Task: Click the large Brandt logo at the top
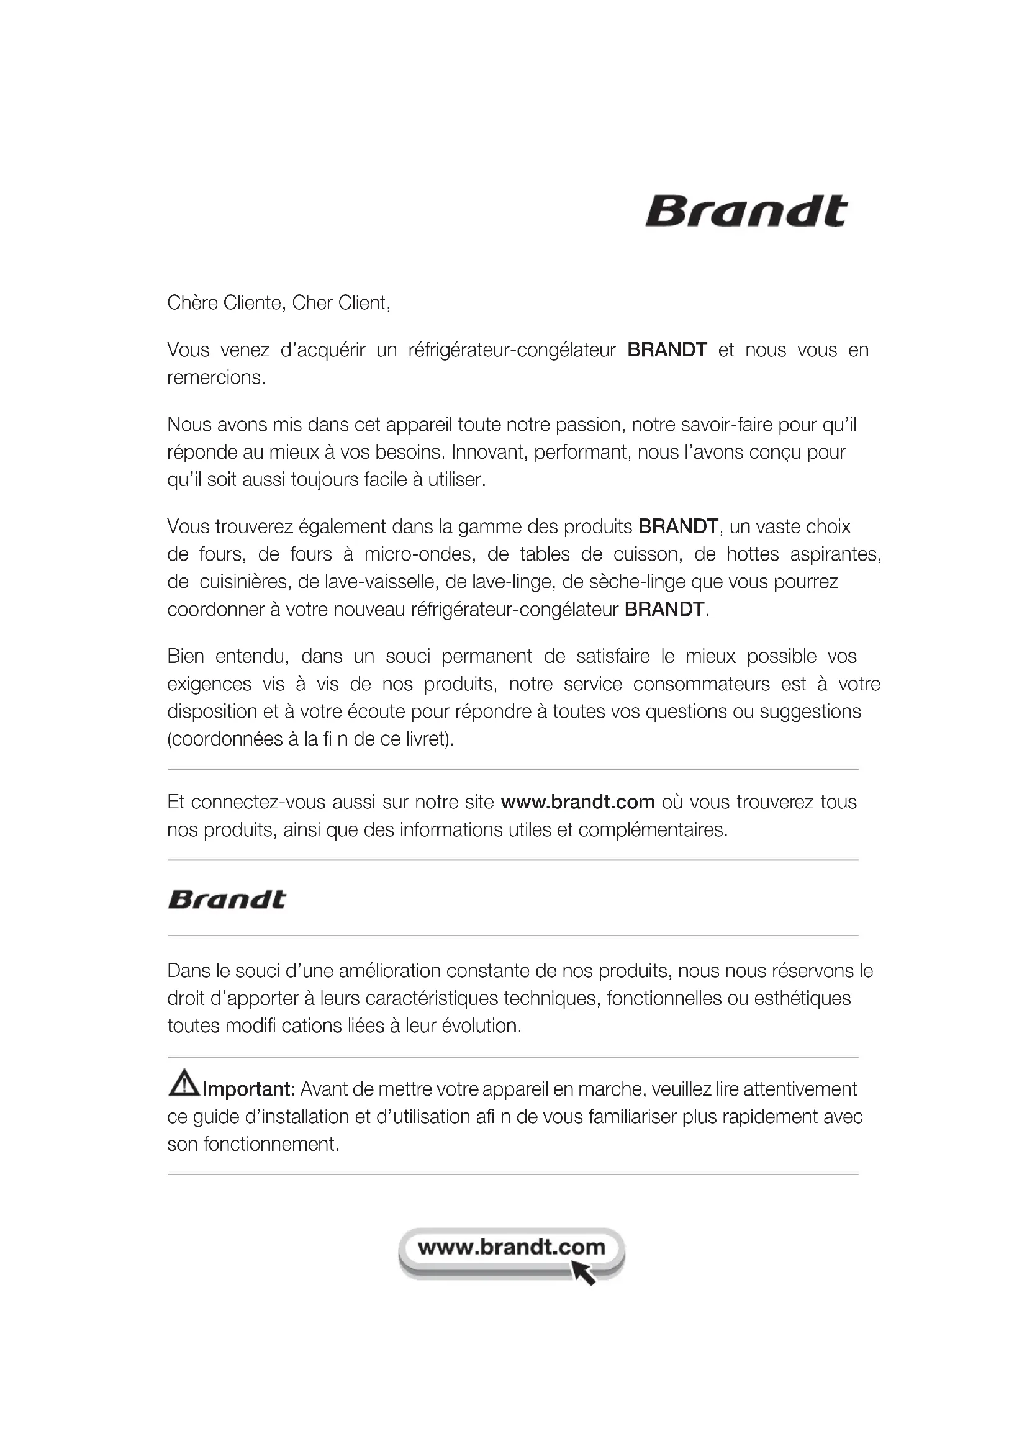(x=746, y=211)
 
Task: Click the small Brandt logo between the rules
(x=227, y=900)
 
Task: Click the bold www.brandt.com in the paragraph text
(x=577, y=802)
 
